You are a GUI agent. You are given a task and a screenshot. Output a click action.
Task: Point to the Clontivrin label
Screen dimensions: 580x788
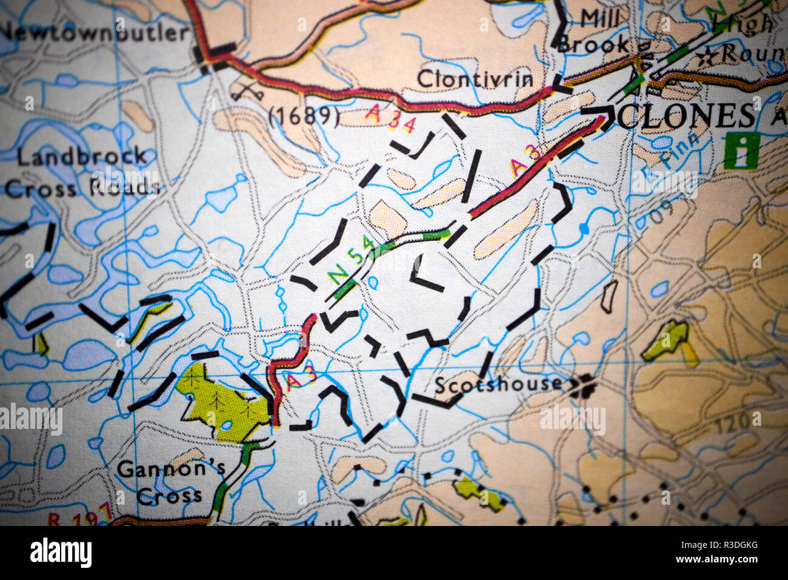pyautogui.click(x=475, y=78)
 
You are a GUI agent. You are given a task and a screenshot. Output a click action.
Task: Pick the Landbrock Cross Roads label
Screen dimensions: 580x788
pyautogui.click(x=82, y=172)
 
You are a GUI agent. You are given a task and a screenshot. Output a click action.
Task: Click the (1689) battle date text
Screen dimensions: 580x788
pyautogui.click(x=303, y=115)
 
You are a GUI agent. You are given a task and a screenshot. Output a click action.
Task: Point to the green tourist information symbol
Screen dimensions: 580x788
pyautogui.click(x=740, y=150)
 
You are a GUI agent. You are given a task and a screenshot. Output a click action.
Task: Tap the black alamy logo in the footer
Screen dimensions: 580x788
pyautogui.click(x=61, y=553)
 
